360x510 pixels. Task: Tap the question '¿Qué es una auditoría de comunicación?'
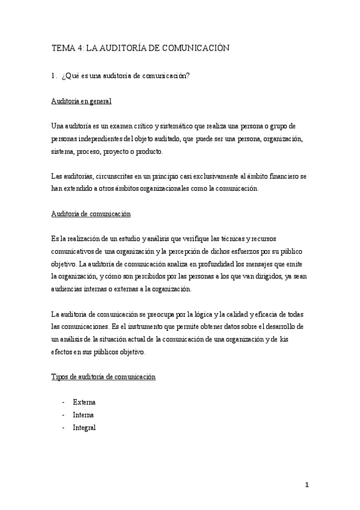[x=126, y=75]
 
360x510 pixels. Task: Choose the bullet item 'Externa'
[x=84, y=402]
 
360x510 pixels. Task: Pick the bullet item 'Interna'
[x=83, y=415]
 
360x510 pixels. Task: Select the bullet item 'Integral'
[x=84, y=428]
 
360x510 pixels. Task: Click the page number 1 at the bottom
[x=306, y=485]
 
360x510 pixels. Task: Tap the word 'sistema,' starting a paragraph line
[x=63, y=152]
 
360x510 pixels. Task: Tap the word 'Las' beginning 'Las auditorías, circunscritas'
[x=57, y=176]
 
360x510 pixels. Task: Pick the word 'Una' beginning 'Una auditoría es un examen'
[x=58, y=126]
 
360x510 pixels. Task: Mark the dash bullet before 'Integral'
[x=63, y=428]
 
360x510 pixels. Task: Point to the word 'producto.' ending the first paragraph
[x=148, y=152]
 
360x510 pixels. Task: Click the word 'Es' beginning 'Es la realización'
[x=55, y=239]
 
